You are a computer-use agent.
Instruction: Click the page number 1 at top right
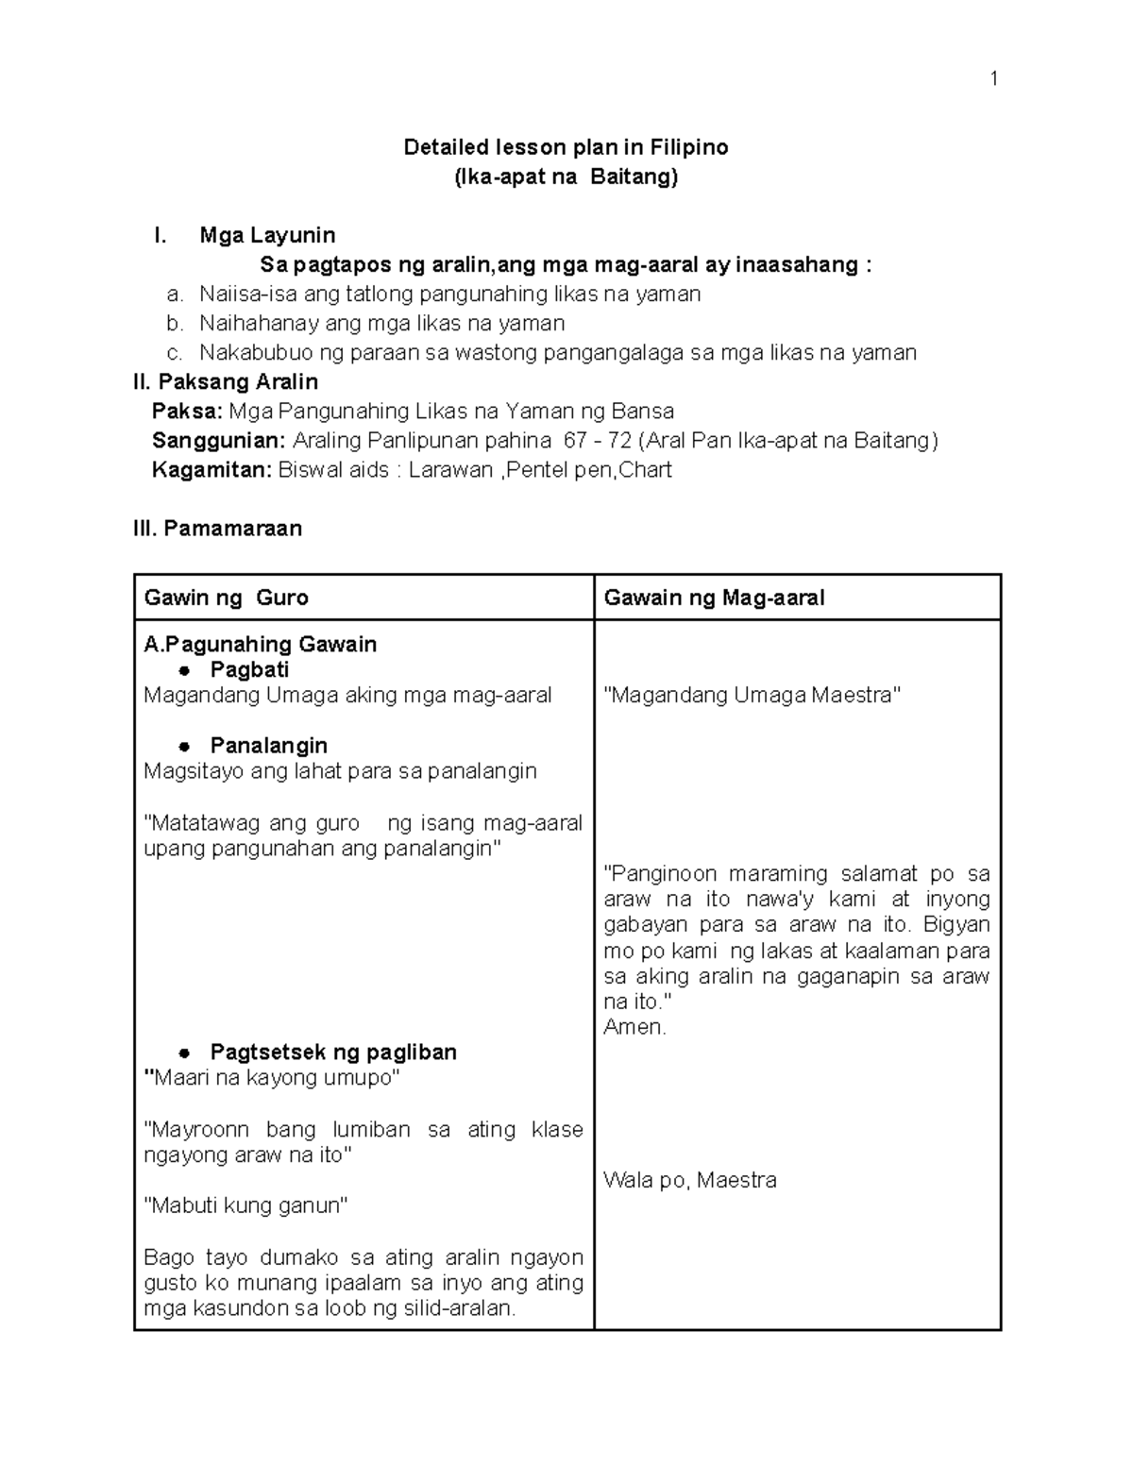pos(993,78)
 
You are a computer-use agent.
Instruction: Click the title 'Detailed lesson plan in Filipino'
pos(566,147)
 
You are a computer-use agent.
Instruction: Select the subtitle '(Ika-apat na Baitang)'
pos(566,177)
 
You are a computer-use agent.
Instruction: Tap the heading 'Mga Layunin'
pos(267,235)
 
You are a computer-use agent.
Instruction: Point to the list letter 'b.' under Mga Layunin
pos(175,324)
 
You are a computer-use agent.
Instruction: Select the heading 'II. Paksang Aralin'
pos(226,382)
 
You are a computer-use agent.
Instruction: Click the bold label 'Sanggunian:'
pos(218,441)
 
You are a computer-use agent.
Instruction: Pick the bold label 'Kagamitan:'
pos(211,470)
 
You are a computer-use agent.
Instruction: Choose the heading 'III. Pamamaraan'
pos(218,529)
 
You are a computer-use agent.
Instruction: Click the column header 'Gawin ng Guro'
pos(226,598)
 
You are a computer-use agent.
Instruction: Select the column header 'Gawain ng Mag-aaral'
pos(714,598)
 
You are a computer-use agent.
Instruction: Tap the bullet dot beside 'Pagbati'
pos(186,670)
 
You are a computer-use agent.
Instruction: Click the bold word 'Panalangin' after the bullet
pos(268,746)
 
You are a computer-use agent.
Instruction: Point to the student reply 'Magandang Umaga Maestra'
pos(752,696)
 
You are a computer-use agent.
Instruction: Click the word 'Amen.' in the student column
pos(634,1027)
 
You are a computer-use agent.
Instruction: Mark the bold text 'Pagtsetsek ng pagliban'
pos(333,1053)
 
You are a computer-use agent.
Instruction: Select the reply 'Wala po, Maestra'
pos(689,1180)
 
